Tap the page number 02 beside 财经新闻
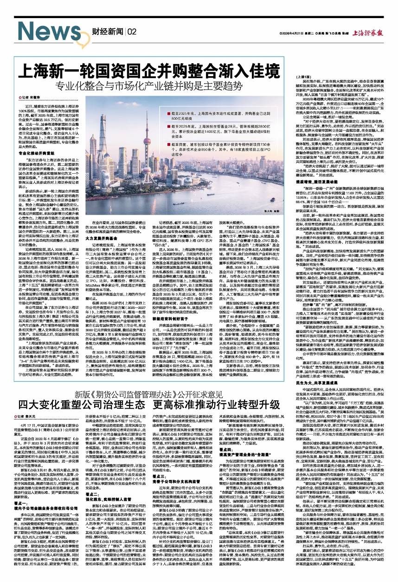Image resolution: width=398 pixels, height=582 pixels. click(x=131, y=32)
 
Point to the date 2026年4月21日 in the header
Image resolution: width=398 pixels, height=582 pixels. click(x=291, y=33)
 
